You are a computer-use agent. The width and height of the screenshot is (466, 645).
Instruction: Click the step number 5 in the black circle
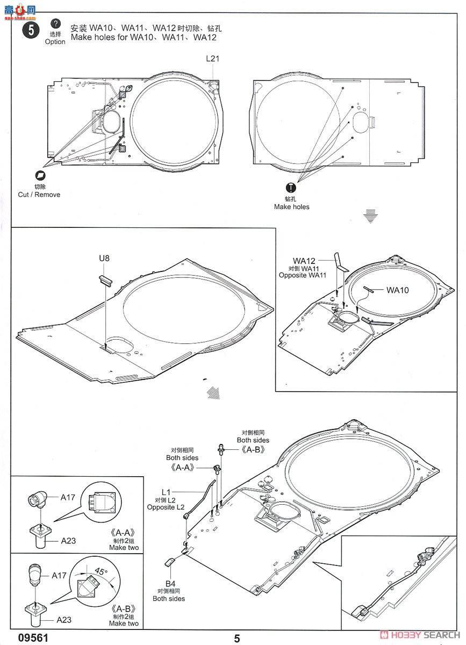coord(31,30)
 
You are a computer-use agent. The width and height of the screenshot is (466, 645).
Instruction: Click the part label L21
coord(212,59)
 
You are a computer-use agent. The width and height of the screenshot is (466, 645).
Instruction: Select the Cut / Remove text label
coord(39,195)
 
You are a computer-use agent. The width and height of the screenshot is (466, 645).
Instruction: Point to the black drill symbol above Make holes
coord(291,187)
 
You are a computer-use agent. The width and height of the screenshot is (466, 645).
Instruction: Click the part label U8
coord(104,259)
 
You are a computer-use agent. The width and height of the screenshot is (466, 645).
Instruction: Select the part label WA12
coord(304,261)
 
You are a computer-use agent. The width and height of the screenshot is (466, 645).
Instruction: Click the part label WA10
coord(397,290)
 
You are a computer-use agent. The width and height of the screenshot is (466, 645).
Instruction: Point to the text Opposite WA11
coord(303,275)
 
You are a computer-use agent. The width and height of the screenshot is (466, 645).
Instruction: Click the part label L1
coord(166,492)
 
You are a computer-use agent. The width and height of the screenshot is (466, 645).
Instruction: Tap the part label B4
coord(170,583)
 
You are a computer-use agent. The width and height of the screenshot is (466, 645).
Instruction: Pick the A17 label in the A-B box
coord(60,575)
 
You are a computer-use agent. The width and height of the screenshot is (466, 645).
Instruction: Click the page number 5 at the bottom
coord(237,638)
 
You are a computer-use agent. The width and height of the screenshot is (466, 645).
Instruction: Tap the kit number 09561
coord(25,638)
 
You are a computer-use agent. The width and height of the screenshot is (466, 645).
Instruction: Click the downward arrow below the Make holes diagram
coord(368,216)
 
